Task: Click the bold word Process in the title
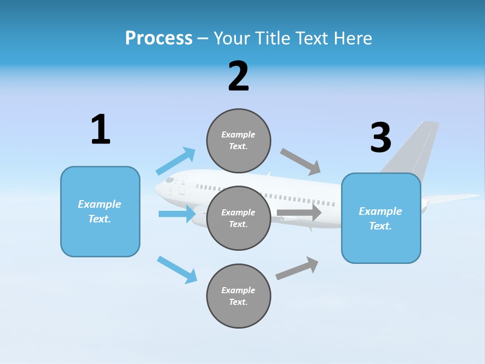click(x=159, y=38)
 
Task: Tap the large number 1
click(x=101, y=130)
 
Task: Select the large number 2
click(x=238, y=77)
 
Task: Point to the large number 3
click(x=380, y=138)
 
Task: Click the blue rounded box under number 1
click(x=100, y=211)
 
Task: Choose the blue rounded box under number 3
click(x=381, y=218)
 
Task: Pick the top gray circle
click(x=238, y=141)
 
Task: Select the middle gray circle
click(x=238, y=218)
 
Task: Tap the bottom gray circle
click(x=238, y=296)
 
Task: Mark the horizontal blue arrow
click(x=177, y=214)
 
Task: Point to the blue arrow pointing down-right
click(x=177, y=269)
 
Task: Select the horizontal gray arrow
click(x=299, y=213)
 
